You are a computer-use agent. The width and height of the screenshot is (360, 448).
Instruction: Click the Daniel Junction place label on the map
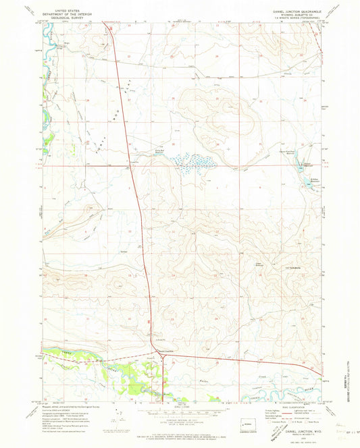coord(165,350)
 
